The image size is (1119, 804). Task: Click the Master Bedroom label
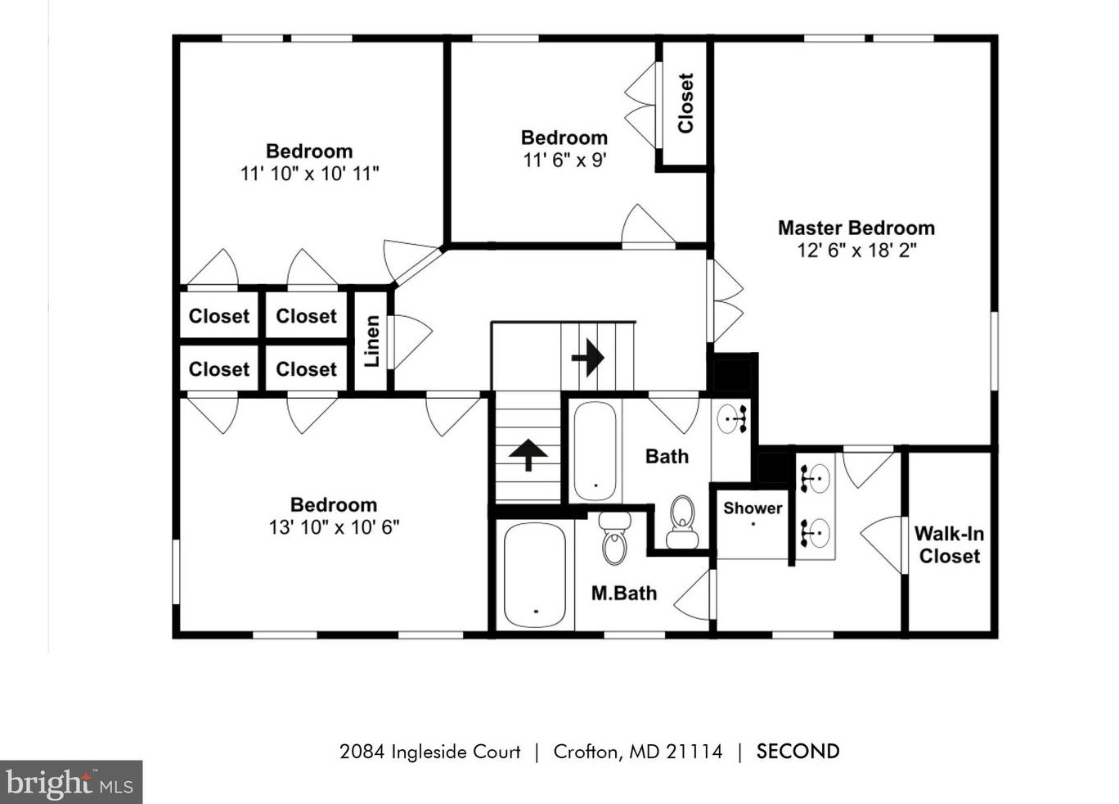tap(856, 228)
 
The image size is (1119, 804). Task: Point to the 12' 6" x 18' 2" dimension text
tap(856, 251)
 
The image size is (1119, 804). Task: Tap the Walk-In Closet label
tap(949, 545)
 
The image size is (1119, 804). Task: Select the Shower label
tap(753, 508)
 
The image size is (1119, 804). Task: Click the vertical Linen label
tap(372, 341)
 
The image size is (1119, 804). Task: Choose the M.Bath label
tap(624, 594)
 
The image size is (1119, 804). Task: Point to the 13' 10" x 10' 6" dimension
tap(334, 527)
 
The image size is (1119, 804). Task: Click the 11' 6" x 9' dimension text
tap(564, 160)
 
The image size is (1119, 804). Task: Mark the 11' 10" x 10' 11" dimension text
tap(309, 174)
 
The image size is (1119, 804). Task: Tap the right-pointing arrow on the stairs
tap(587, 358)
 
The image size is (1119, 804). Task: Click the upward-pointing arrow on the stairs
tap(528, 454)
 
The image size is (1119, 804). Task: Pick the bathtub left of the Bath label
tap(595, 451)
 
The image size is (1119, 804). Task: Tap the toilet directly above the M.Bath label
tap(614, 538)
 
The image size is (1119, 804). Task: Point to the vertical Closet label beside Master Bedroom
tap(685, 103)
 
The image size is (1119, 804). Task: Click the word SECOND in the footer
tap(798, 752)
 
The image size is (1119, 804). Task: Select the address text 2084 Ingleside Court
tap(429, 752)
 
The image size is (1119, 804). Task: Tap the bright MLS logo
tap(71, 783)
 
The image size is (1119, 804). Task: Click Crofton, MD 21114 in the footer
tap(638, 752)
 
